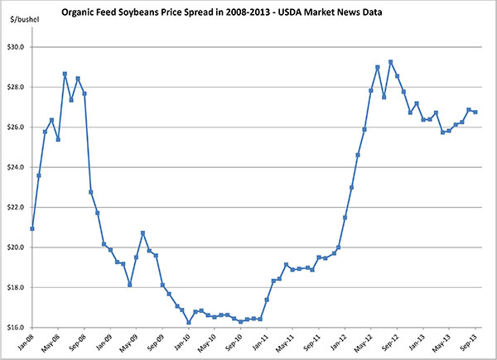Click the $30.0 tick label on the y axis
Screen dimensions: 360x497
[x=18, y=47]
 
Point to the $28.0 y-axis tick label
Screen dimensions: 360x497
[x=18, y=87]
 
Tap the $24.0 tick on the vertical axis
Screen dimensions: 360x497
[x=18, y=167]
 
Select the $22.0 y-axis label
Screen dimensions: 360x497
[x=18, y=208]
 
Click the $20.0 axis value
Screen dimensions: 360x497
[x=18, y=247]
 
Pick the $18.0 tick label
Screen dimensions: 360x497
[x=18, y=288]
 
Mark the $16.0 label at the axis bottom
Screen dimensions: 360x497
[x=18, y=328]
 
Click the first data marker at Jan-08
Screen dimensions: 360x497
[x=32, y=228]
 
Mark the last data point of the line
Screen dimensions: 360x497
[x=475, y=112]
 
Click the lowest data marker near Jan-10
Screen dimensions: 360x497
[x=189, y=323]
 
